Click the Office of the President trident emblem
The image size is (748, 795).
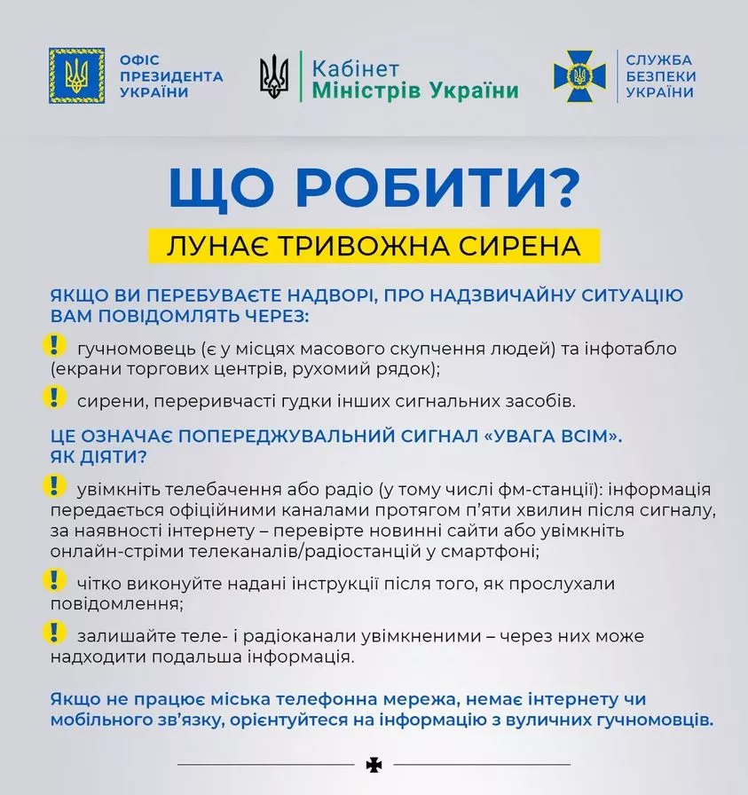pos(76,75)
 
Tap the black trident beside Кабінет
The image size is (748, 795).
pos(274,77)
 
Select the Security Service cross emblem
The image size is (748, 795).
pos(579,76)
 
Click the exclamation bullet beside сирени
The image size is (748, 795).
pos(55,396)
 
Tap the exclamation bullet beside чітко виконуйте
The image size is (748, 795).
pos(55,580)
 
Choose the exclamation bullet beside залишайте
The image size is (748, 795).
pos(55,632)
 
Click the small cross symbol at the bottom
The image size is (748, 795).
pos(373,764)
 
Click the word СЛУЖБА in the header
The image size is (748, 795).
pos(658,60)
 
